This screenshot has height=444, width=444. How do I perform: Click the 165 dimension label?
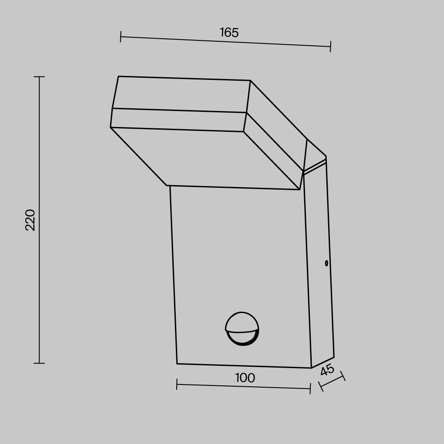(x=229, y=32)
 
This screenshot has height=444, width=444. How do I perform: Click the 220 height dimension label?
(x=30, y=220)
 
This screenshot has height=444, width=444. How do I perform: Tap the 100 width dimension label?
(x=245, y=378)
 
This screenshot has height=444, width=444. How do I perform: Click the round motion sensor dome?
(x=242, y=329)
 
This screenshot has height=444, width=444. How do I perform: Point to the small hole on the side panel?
(x=326, y=263)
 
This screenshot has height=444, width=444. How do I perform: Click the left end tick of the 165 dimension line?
(x=121, y=36)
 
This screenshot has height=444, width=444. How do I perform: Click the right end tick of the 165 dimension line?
(x=330, y=47)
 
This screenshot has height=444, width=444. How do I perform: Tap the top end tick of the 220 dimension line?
(x=39, y=76)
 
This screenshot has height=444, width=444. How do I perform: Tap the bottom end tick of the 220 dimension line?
(x=39, y=363)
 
